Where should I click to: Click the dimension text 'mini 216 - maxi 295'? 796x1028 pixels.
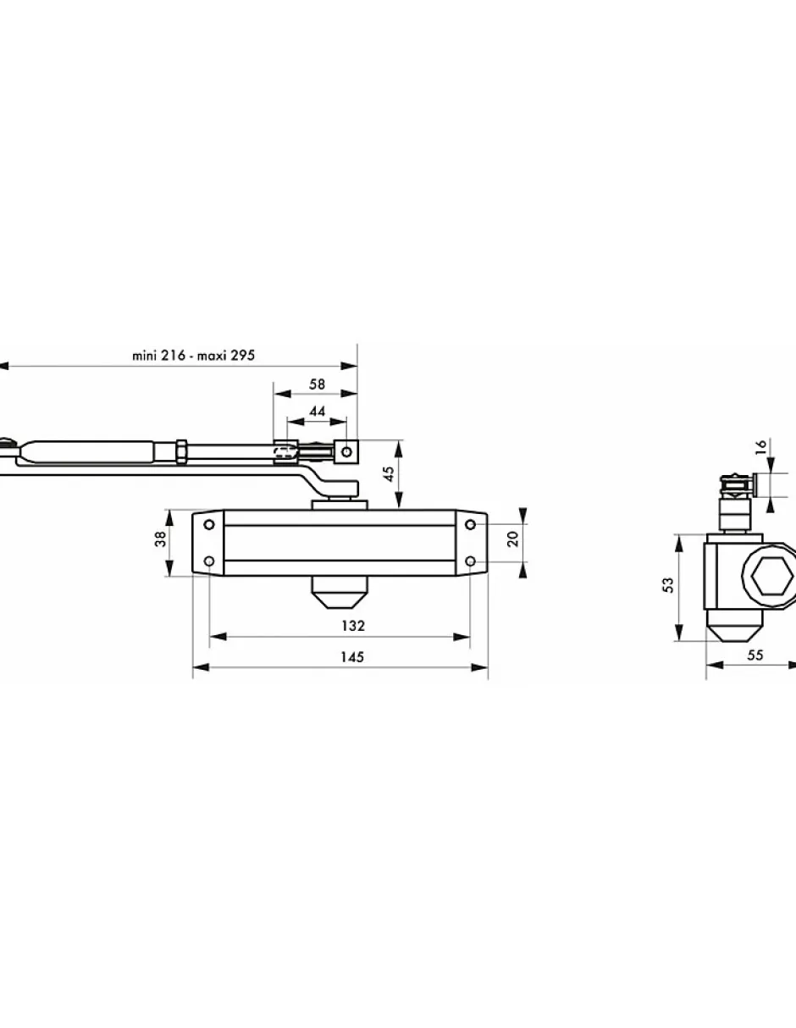click(x=193, y=356)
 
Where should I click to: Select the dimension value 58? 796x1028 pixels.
click(x=317, y=384)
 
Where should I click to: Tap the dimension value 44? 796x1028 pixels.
click(x=317, y=412)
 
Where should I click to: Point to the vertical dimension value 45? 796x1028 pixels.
click(x=389, y=474)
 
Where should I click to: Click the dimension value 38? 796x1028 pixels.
click(x=160, y=539)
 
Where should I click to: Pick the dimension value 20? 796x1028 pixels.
click(x=512, y=539)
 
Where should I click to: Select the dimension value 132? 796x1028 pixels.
click(x=353, y=626)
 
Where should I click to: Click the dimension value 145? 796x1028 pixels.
click(x=352, y=657)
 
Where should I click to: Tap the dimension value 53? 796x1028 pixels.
click(x=668, y=585)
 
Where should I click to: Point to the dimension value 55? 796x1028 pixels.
click(x=755, y=655)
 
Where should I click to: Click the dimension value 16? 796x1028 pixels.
click(x=760, y=447)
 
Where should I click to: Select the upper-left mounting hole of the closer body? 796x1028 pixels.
click(x=209, y=525)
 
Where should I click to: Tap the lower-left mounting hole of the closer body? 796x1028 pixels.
click(x=209, y=561)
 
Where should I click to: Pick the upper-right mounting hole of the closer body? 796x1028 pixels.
click(x=470, y=525)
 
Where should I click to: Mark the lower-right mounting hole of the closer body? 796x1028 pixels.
click(x=470, y=561)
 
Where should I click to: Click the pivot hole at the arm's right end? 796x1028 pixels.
click(x=346, y=452)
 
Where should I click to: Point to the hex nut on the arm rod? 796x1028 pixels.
click(x=181, y=452)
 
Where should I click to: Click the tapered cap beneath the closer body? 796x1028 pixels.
click(x=339, y=593)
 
